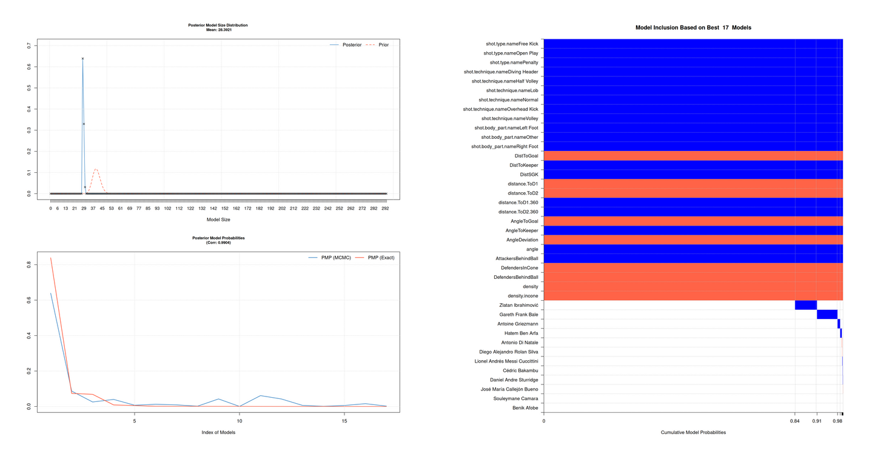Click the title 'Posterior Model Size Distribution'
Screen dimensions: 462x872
pyautogui.click(x=218, y=25)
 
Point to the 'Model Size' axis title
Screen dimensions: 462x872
pyautogui.click(x=218, y=219)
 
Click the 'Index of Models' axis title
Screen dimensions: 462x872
pyautogui.click(x=218, y=432)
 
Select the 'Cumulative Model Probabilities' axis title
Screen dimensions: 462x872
pyautogui.click(x=693, y=432)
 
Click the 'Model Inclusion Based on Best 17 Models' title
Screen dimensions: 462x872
pyautogui.click(x=693, y=28)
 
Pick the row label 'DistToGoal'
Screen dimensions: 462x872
pyautogui.click(x=526, y=156)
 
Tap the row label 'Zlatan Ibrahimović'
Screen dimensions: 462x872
pyautogui.click(x=515, y=305)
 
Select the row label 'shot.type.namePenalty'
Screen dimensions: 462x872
pyautogui.click(x=514, y=62)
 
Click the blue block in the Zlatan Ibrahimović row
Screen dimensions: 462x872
pyautogui.click(x=805, y=305)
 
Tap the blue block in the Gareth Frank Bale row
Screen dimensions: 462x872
pyautogui.click(x=827, y=315)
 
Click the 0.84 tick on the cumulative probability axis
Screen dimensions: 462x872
pyautogui.click(x=794, y=421)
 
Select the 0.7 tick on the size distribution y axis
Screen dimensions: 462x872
pyautogui.click(x=29, y=45)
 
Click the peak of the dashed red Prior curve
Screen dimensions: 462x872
pyautogui.click(x=95, y=169)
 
